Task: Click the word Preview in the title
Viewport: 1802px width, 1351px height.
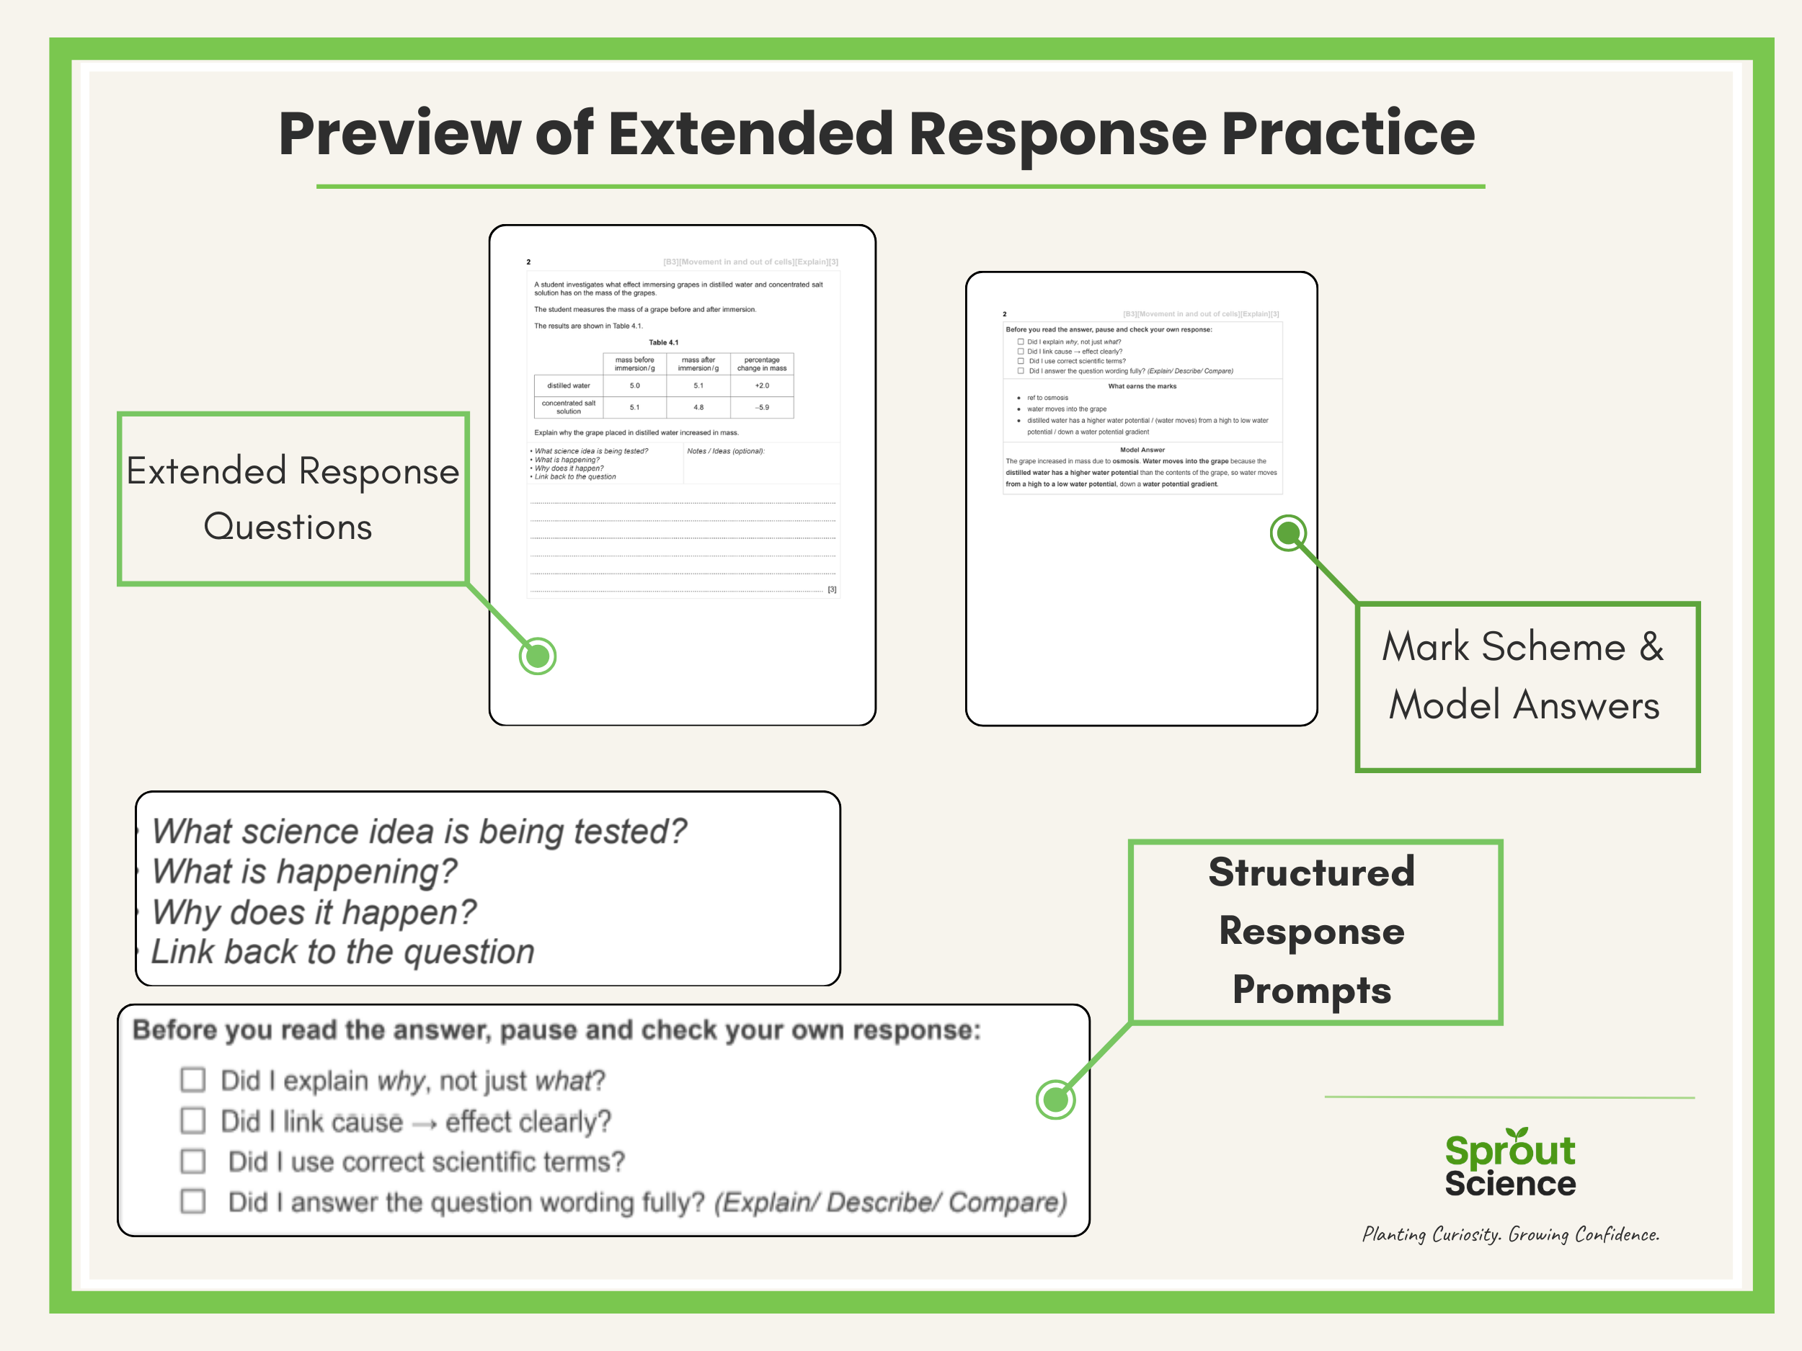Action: pos(399,134)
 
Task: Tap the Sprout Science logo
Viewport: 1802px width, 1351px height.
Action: pos(1509,1164)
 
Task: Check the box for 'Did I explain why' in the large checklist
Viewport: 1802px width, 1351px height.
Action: pos(193,1080)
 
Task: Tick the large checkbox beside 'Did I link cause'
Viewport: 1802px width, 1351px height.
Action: pos(193,1120)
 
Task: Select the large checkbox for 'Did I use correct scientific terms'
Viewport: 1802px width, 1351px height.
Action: pos(193,1161)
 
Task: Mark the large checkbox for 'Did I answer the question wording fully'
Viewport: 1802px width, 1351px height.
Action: pos(193,1201)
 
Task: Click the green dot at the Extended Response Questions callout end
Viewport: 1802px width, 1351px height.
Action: pos(538,656)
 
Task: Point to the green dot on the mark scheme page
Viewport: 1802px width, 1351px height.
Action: pos(1288,533)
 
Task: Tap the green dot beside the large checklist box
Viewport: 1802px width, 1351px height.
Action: pos(1056,1100)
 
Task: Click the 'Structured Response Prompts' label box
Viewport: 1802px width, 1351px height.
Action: pos(1314,932)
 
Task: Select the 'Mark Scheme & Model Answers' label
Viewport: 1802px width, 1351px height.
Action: pos(1527,687)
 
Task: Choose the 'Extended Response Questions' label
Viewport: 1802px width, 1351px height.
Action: pos(293,499)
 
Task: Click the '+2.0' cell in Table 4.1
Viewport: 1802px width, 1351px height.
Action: pos(762,386)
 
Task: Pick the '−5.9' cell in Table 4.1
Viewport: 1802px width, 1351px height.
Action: pos(762,407)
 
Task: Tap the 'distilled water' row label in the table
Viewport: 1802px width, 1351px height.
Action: pos(569,386)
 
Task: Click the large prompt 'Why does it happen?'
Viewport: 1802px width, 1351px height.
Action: pos(314,912)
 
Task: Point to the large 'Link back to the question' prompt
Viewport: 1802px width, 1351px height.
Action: pos(342,952)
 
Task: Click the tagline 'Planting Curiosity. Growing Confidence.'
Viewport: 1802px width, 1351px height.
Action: pos(1510,1234)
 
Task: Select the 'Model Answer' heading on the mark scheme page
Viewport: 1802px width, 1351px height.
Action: pos(1142,450)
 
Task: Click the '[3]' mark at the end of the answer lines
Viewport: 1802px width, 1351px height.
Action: pos(832,589)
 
